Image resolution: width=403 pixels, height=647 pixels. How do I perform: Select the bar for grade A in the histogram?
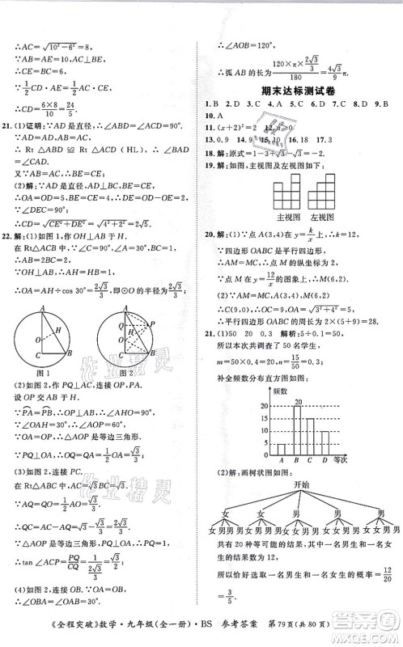[x=281, y=449]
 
